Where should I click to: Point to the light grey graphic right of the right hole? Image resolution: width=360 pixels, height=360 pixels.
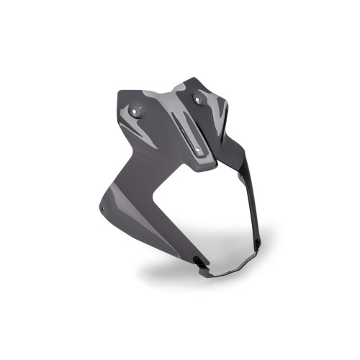coord(219,108)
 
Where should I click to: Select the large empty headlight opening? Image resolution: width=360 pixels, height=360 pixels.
coord(209,216)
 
